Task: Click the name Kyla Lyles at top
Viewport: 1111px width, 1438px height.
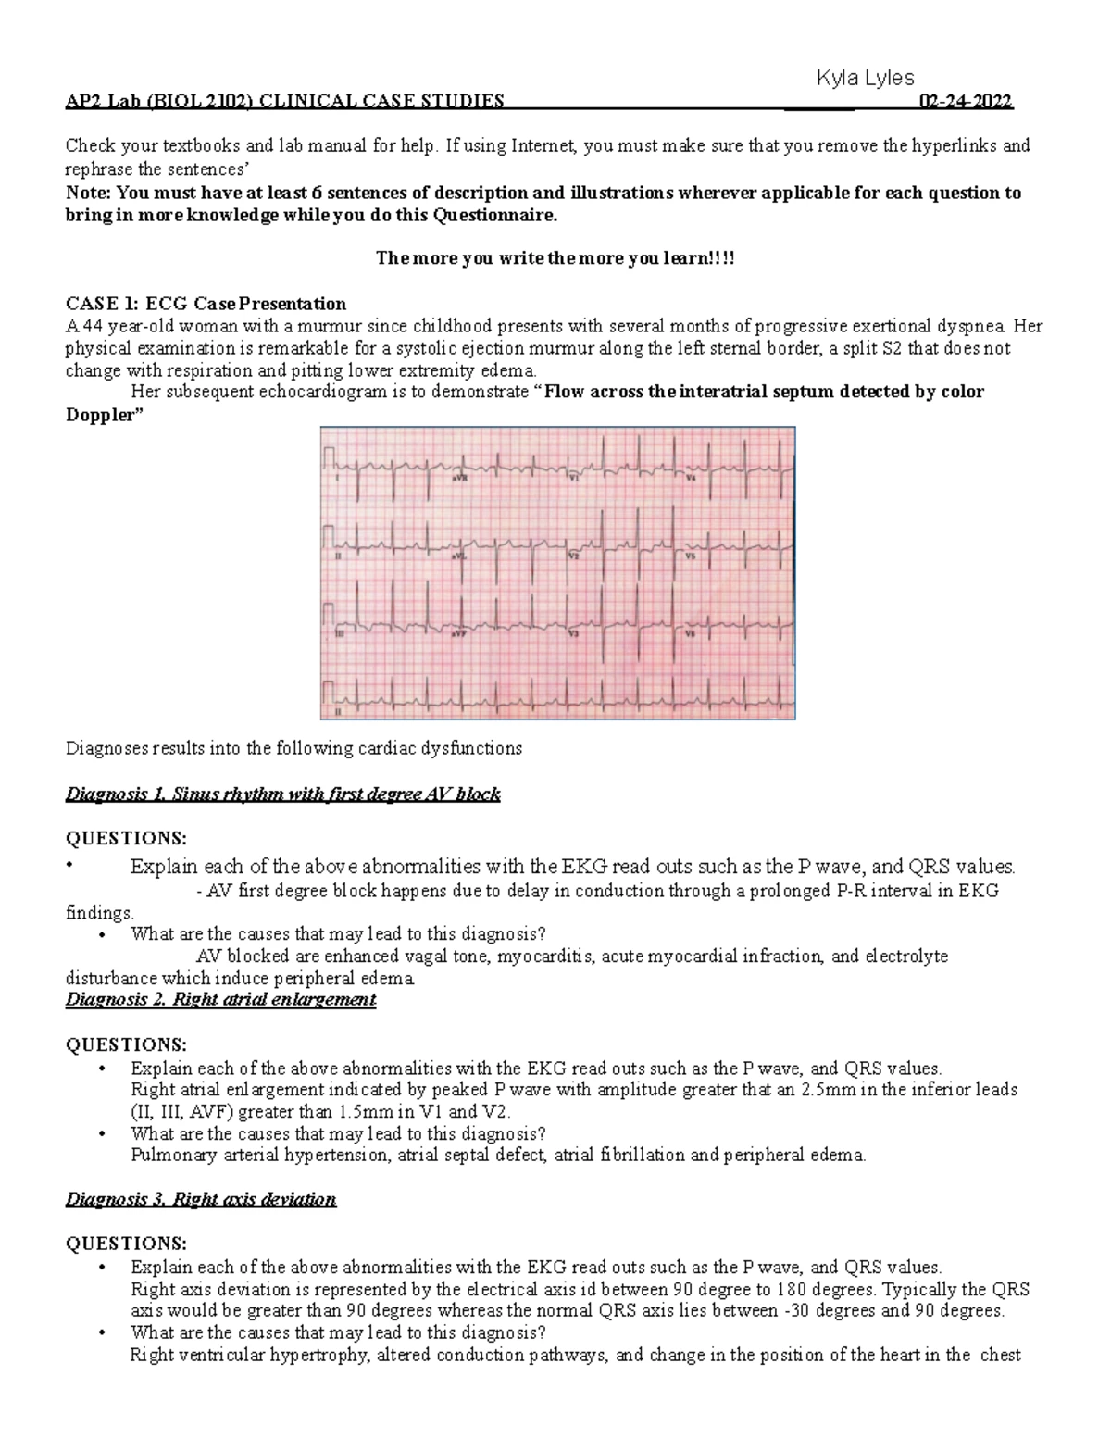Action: click(864, 80)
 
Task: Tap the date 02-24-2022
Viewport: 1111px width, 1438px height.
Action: click(965, 102)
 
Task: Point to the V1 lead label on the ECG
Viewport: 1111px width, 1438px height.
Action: click(574, 480)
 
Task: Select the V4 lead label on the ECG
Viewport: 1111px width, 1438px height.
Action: click(691, 480)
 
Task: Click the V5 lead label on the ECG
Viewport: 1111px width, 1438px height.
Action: click(691, 557)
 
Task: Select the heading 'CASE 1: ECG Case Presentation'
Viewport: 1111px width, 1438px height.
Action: click(206, 304)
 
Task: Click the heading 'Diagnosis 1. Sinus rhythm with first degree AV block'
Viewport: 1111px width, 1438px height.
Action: click(282, 794)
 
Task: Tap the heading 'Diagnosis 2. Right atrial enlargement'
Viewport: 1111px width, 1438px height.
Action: click(220, 999)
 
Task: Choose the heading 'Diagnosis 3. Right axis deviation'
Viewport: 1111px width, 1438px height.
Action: click(201, 1199)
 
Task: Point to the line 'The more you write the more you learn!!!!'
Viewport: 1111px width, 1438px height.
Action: click(555, 258)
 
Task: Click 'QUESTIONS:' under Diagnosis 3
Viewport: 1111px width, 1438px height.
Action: click(125, 1243)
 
